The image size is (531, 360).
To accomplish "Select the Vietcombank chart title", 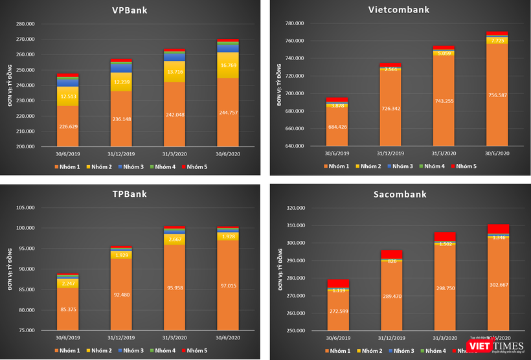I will tap(399, 10).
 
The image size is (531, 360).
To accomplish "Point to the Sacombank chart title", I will tap(399, 195).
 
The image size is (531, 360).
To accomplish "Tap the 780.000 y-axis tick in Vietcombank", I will tap(295, 23).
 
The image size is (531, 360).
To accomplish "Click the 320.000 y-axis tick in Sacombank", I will tap(295, 208).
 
